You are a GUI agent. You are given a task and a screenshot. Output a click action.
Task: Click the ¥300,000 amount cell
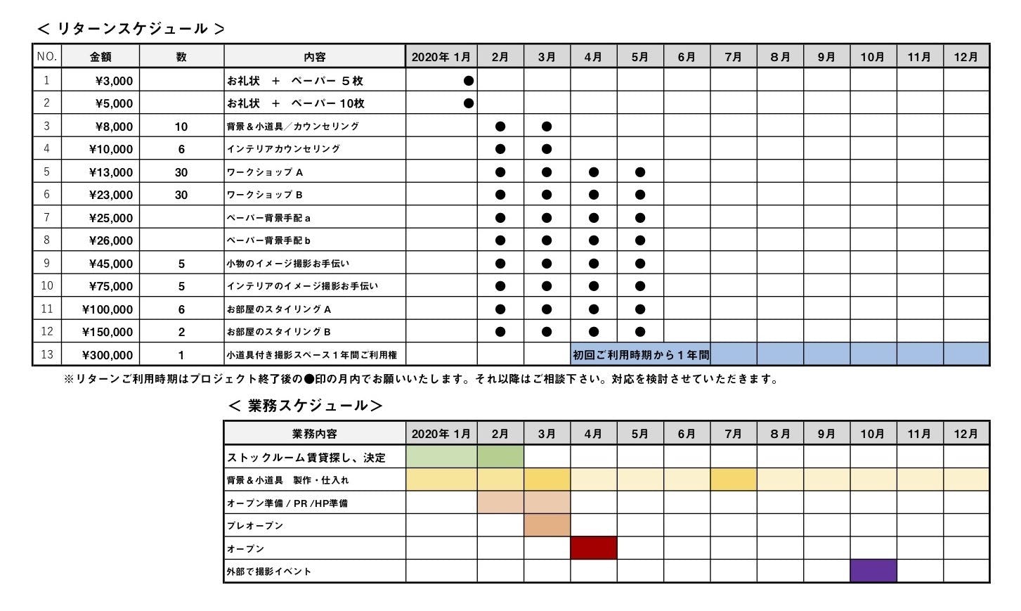[108, 355]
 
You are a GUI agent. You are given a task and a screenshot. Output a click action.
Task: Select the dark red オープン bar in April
[594, 548]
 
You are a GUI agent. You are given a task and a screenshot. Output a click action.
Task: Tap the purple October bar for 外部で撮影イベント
[873, 571]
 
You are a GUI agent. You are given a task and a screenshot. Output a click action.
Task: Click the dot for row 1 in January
[469, 81]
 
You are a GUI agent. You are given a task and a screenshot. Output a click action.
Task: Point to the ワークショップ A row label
[265, 172]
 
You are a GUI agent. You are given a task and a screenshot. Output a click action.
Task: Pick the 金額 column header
[100, 57]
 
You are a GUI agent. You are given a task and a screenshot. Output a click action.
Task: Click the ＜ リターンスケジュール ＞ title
[131, 29]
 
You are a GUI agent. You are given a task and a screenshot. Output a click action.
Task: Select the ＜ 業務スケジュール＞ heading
[306, 406]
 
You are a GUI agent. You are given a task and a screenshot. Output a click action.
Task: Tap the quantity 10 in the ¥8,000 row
[181, 127]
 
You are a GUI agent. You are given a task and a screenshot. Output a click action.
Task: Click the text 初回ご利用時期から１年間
[641, 355]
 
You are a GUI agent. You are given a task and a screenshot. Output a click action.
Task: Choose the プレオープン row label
[255, 526]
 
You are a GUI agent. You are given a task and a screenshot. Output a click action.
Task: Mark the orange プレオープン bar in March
[547, 526]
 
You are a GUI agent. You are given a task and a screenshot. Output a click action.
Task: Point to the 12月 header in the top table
[966, 57]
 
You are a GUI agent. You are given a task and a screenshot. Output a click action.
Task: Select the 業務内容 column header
[315, 434]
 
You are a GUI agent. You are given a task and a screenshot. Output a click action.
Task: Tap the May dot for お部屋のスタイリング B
[640, 332]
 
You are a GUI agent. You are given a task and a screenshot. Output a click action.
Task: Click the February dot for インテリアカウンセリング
[500, 149]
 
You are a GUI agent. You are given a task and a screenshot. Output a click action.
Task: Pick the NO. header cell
[47, 56]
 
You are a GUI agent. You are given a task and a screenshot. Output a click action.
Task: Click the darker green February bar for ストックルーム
[500, 457]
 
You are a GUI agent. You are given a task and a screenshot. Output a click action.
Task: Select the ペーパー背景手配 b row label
[268, 240]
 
